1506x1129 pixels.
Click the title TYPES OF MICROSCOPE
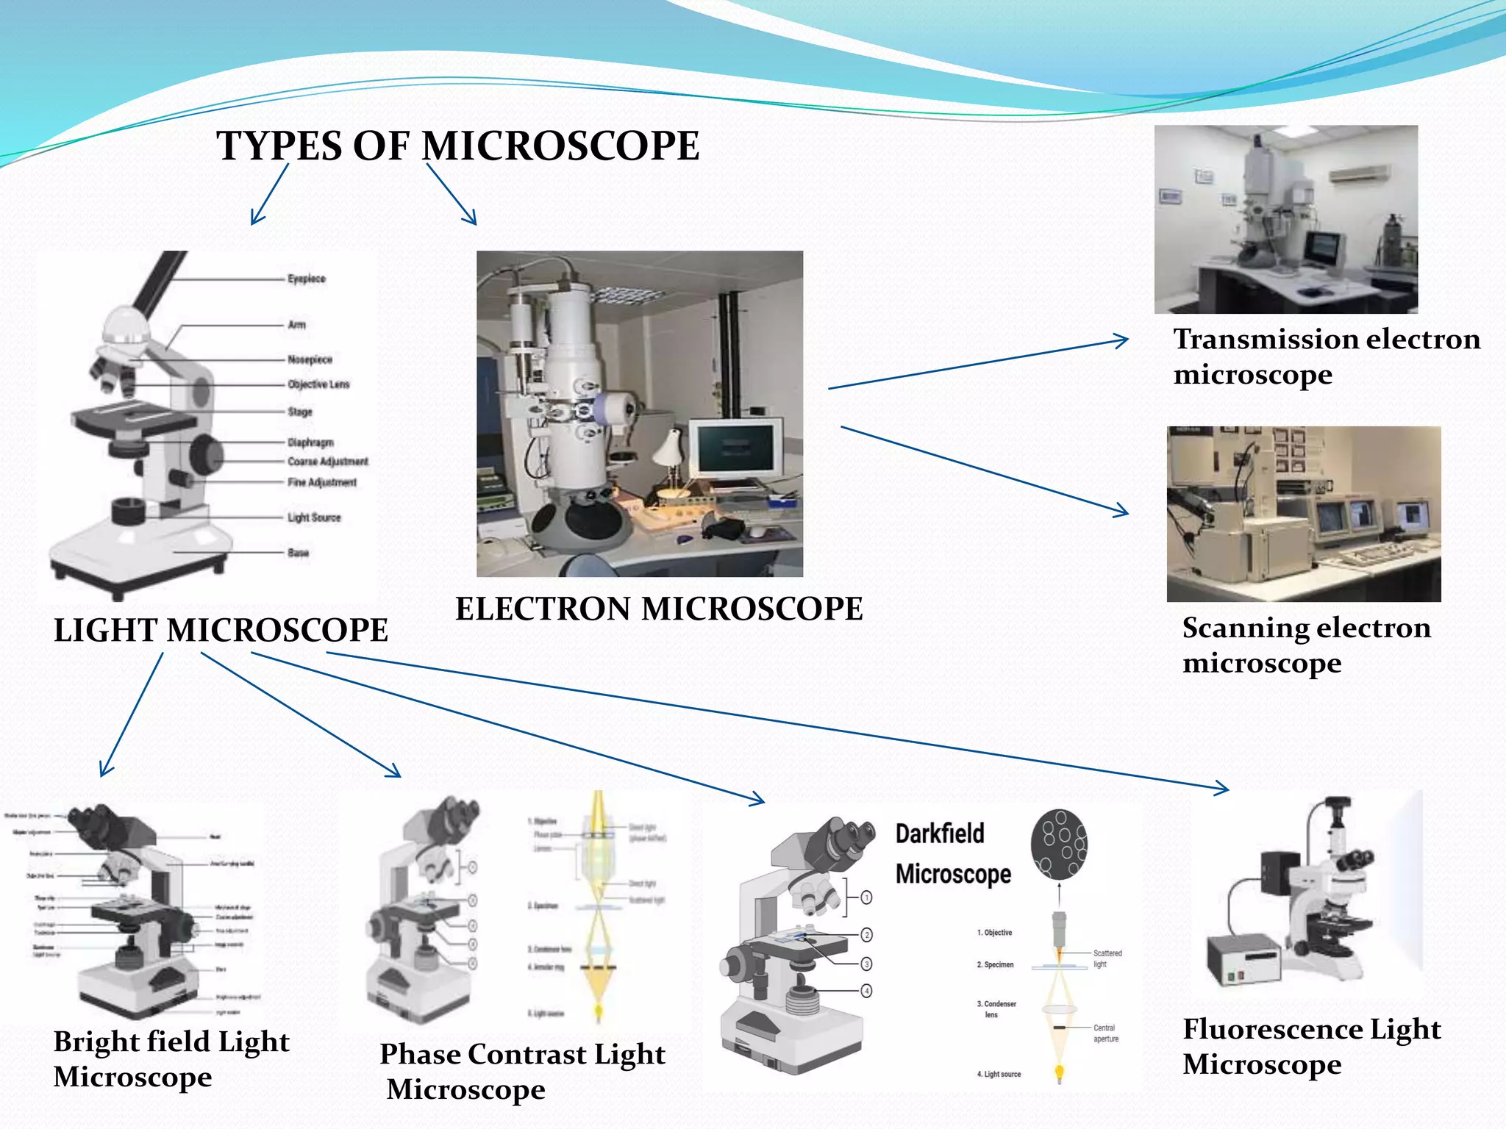457,146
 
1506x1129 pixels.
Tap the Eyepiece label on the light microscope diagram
307,279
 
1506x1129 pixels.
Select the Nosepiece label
310,359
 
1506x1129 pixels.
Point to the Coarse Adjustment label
328,462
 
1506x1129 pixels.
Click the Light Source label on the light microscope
314,517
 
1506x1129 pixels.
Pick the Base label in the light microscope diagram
298,553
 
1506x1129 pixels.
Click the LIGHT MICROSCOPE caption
221,631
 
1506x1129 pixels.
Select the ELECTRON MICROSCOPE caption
659,609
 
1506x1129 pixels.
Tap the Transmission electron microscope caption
1326,356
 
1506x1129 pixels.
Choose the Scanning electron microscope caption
1306,645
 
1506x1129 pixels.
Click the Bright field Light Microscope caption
171,1059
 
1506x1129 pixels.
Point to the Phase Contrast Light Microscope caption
522,1072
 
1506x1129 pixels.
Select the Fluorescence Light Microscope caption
1311,1047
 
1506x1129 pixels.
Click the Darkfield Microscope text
953,854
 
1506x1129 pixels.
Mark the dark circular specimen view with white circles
1059,845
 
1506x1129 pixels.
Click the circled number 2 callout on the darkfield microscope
867,935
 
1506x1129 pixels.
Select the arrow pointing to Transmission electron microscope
978,364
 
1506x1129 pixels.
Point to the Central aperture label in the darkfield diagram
1105,1033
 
